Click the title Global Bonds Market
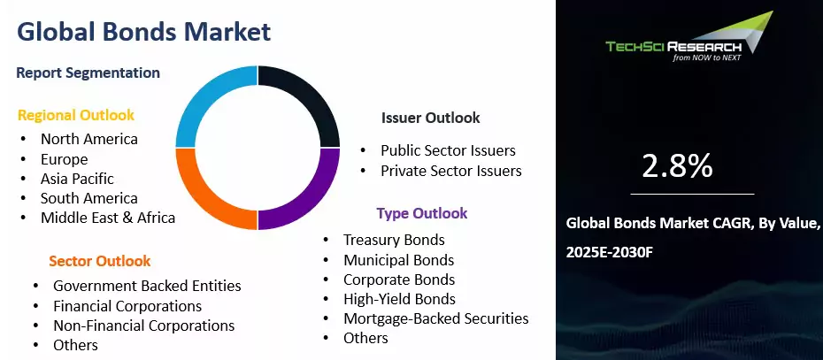click(144, 32)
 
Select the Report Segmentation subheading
click(88, 73)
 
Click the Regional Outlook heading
click(76, 116)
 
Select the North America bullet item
click(89, 139)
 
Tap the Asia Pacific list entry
click(77, 179)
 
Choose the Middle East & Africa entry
click(108, 218)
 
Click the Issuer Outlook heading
click(430, 118)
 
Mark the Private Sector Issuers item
click(451, 171)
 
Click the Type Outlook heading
click(422, 213)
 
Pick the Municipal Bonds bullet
click(399, 260)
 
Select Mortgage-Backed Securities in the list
click(436, 318)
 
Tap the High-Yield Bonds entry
click(399, 299)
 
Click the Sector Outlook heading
click(100, 261)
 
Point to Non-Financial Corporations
click(144, 326)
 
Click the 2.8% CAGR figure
click(677, 165)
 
